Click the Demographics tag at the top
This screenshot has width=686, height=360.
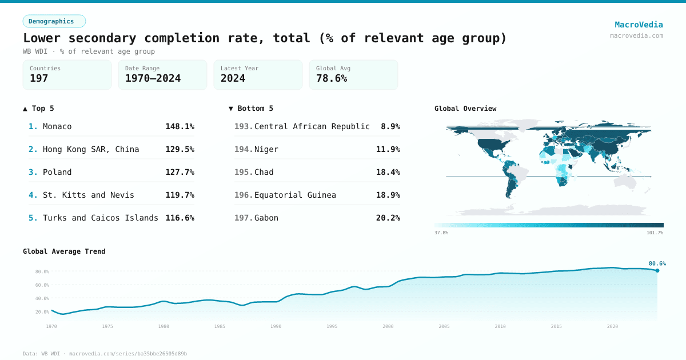[x=54, y=21]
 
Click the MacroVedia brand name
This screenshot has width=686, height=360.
[x=639, y=25]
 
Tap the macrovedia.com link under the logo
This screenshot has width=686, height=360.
[x=636, y=35]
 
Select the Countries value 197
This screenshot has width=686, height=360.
[x=39, y=78]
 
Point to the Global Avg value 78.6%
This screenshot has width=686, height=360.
[x=332, y=78]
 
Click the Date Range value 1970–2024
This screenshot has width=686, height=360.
[x=153, y=78]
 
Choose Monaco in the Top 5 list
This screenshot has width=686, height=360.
[x=57, y=126]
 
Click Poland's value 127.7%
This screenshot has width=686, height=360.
[x=180, y=172]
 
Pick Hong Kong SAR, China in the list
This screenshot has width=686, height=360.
[x=91, y=149]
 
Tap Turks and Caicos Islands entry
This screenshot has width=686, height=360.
[x=101, y=218]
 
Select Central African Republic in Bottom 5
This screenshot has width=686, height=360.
[x=312, y=126]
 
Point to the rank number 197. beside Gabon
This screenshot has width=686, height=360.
[x=244, y=218]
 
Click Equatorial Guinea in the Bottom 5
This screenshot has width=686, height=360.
[x=295, y=195]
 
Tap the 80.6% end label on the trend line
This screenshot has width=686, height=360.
[x=657, y=263]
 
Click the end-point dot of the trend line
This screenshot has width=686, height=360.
[x=657, y=270]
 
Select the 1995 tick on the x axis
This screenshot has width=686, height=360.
[x=332, y=326]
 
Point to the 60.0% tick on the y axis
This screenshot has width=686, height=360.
[x=42, y=285]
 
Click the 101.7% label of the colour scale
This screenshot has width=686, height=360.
[x=655, y=233]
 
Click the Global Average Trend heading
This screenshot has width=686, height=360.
[x=64, y=251]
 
